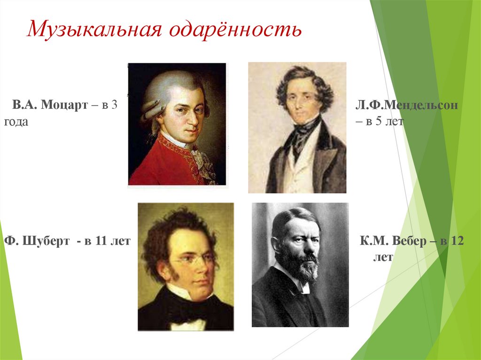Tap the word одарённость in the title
click(234, 31)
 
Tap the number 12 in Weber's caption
click(456, 242)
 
